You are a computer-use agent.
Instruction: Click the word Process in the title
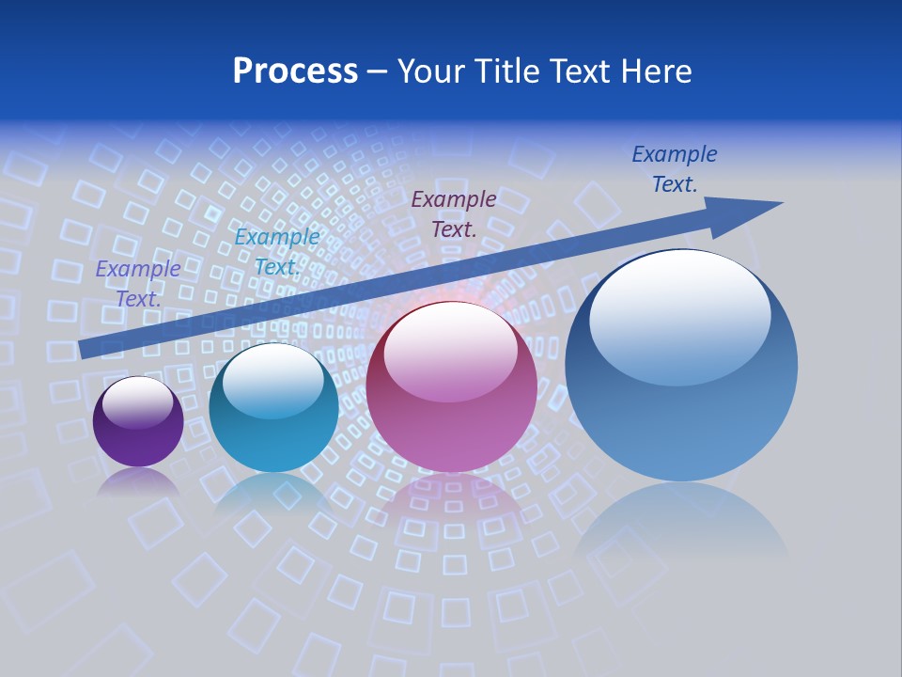[295, 71]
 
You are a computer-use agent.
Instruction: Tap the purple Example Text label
[138, 283]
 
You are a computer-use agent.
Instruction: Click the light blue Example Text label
[276, 251]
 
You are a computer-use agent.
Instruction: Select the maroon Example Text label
[454, 213]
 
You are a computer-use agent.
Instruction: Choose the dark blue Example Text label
[675, 168]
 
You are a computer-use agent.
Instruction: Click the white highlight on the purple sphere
[137, 402]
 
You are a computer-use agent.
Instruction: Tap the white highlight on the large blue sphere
[679, 318]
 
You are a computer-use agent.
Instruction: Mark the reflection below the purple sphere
[138, 481]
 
